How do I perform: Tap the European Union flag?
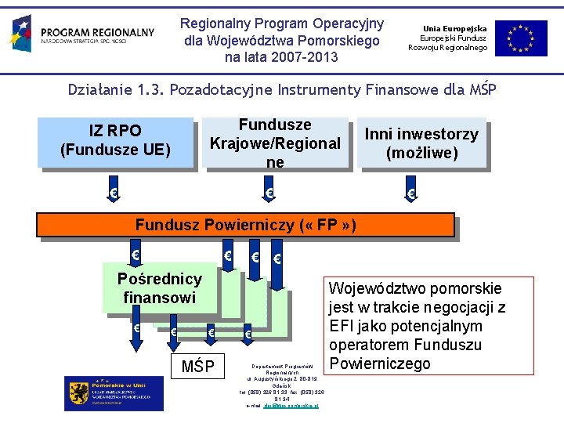point(526,38)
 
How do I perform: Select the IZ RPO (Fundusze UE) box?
point(115,141)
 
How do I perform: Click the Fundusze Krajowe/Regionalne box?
point(274,142)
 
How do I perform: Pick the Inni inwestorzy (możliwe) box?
point(421,142)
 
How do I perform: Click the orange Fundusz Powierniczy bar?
point(245,226)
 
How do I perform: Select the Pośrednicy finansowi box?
point(159,287)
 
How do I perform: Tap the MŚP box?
point(198,366)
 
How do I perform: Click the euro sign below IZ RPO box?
point(114,193)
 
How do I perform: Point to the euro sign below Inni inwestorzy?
point(410,193)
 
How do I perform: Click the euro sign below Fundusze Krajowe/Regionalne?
point(269,193)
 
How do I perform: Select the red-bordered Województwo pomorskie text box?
point(416,325)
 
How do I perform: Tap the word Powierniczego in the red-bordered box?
point(381,363)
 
